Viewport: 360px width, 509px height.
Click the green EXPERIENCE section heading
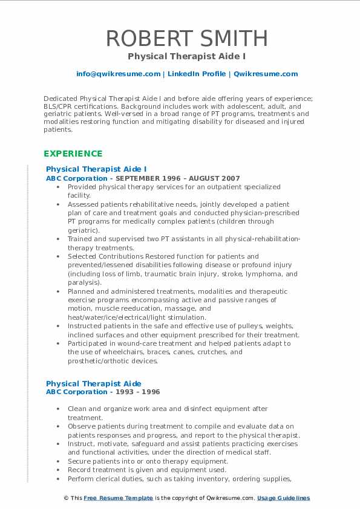click(x=73, y=154)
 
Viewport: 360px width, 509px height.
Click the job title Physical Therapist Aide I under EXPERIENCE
click(x=96, y=169)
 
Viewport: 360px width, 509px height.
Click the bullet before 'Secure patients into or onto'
click(x=58, y=461)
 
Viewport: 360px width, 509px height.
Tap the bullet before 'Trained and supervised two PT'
click(x=58, y=239)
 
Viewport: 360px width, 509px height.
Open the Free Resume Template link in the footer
click(x=118, y=498)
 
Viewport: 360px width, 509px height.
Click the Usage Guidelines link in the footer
click(x=283, y=498)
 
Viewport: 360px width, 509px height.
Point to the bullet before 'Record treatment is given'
click(x=58, y=470)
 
